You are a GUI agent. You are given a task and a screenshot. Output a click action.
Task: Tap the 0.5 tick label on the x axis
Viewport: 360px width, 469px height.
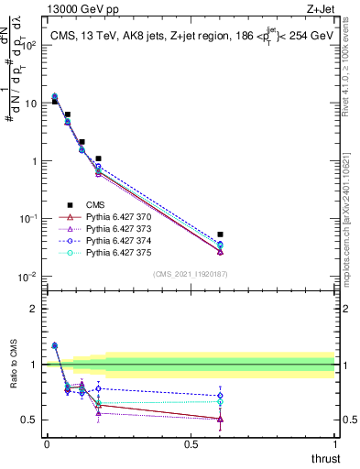click(191, 444)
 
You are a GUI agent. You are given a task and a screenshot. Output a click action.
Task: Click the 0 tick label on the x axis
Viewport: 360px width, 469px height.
click(47, 444)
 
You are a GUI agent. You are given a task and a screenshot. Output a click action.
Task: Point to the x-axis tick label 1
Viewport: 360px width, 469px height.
click(335, 444)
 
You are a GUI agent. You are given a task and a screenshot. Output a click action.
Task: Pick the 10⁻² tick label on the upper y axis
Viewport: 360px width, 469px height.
click(30, 277)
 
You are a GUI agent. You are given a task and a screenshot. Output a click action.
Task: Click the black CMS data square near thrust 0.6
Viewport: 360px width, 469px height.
click(220, 234)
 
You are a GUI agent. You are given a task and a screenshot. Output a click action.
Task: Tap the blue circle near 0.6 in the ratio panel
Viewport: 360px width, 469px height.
click(220, 396)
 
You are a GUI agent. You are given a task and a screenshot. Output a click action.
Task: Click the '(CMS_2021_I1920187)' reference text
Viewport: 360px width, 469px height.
click(191, 274)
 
